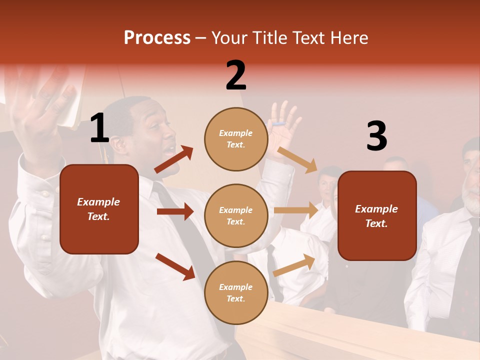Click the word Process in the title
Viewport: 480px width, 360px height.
157,38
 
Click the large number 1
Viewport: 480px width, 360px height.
99,128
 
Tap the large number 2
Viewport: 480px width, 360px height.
236,75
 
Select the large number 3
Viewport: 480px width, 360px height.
376,136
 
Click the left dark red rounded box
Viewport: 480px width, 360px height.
99,209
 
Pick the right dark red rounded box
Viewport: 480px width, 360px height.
377,215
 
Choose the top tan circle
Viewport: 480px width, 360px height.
236,139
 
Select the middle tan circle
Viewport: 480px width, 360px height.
236,215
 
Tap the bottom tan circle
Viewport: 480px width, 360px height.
236,292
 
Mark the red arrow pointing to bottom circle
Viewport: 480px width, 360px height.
175,266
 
